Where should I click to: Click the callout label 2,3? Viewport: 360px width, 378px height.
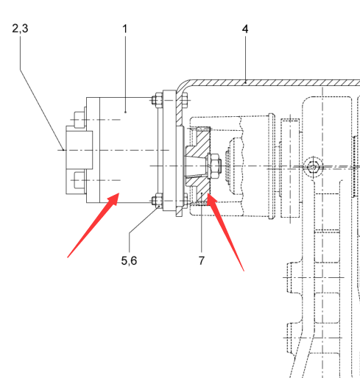[x=20, y=29]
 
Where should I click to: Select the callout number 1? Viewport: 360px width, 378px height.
[x=125, y=29]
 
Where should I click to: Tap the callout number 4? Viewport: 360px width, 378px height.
[x=245, y=29]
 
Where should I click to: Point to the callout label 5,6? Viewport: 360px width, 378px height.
[x=129, y=260]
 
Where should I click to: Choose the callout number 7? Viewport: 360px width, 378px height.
[x=202, y=260]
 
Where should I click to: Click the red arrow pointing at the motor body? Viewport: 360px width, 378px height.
[x=93, y=225]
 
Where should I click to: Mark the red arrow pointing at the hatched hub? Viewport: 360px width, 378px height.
[x=225, y=232]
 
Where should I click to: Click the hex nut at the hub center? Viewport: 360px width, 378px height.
[x=213, y=166]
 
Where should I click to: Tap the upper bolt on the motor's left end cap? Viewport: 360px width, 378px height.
[x=80, y=120]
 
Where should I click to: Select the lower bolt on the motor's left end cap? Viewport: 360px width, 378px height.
[x=80, y=180]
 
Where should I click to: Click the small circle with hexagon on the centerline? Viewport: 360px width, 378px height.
[x=313, y=167]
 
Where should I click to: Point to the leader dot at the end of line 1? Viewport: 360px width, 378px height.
[x=126, y=112]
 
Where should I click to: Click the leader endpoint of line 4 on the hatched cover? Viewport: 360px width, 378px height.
[x=245, y=83]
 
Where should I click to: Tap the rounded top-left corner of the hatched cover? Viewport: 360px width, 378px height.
[x=181, y=85]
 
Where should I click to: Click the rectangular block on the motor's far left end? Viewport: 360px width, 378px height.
[x=79, y=150]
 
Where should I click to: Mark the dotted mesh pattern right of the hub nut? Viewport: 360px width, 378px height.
[x=227, y=165]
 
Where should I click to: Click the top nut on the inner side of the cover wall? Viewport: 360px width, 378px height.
[x=185, y=100]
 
